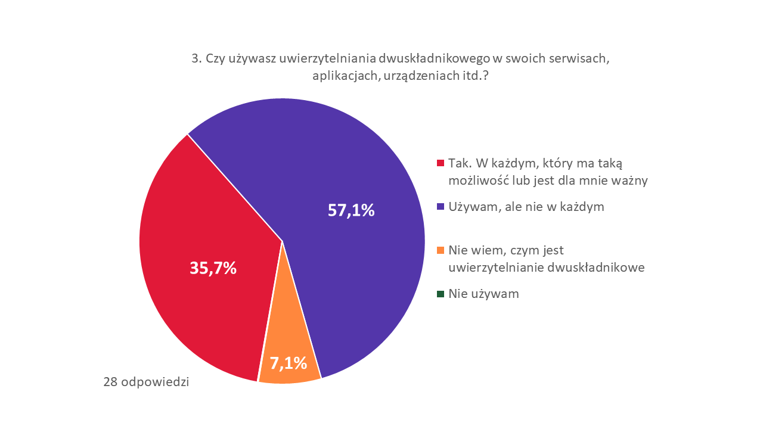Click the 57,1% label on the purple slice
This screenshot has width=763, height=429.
click(351, 210)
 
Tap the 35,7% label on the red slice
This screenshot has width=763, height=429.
click(213, 268)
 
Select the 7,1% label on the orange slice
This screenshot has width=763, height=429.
click(289, 362)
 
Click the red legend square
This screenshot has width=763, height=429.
click(441, 163)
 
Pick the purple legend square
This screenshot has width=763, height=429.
click(441, 207)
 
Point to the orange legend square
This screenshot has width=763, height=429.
click(441, 250)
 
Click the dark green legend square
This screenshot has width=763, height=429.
click(441, 294)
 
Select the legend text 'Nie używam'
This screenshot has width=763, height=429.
click(483, 294)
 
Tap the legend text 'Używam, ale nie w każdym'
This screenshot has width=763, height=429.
click(526, 207)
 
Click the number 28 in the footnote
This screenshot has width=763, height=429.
click(110, 382)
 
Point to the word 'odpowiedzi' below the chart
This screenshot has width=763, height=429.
click(155, 382)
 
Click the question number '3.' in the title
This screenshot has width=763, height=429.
click(196, 58)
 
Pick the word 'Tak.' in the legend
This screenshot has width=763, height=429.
click(459, 163)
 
